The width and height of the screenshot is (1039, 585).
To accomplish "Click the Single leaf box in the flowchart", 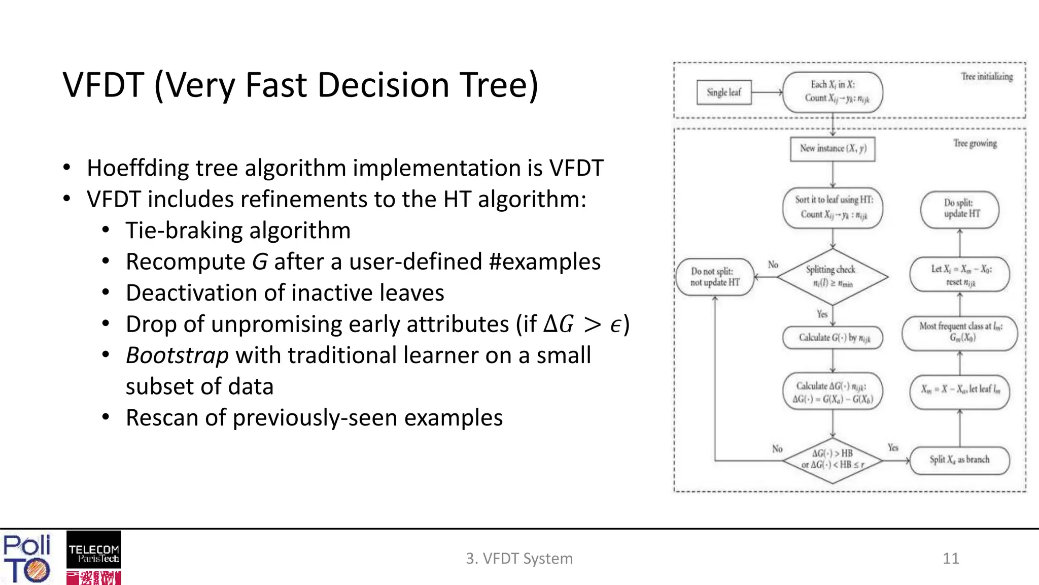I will click(x=724, y=92).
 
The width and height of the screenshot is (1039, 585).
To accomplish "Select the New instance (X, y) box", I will click(x=833, y=149).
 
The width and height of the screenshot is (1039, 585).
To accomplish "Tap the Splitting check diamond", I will click(x=833, y=277).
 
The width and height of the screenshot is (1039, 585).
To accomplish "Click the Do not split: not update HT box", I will click(x=715, y=277).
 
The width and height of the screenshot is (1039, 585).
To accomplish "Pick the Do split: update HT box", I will click(x=960, y=209).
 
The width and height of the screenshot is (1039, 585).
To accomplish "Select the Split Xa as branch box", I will click(x=959, y=460).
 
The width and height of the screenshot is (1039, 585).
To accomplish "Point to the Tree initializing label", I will click(x=986, y=77).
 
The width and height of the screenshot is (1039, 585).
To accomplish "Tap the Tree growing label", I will click(x=975, y=143).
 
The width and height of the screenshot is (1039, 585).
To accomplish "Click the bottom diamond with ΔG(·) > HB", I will click(x=833, y=460).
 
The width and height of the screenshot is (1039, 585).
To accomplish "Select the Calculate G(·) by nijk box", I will click(x=833, y=338).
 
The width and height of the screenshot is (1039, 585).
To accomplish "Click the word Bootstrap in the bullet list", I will click(x=177, y=355).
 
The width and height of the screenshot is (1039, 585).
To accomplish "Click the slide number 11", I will click(x=950, y=558).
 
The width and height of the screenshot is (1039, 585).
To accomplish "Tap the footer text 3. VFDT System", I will click(x=519, y=558).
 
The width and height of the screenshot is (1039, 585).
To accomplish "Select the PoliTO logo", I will click(x=27, y=558).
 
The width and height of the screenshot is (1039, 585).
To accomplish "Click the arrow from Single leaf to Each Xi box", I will click(x=767, y=92).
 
